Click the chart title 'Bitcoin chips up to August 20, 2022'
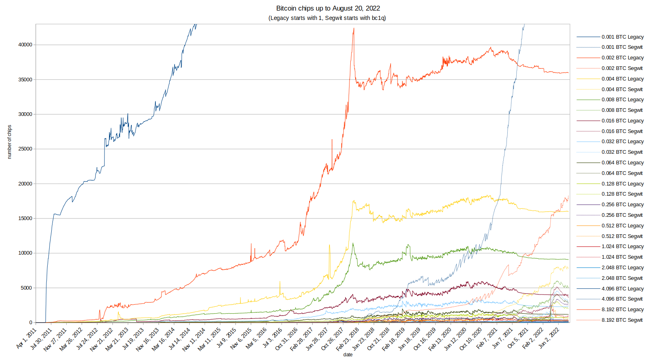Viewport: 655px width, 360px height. pyautogui.click(x=328, y=8)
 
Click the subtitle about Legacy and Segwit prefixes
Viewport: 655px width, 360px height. pyautogui.click(x=327, y=18)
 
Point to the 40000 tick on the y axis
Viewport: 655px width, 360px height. pyautogui.click(x=25, y=45)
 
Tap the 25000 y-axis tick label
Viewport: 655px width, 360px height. pyautogui.click(x=25, y=149)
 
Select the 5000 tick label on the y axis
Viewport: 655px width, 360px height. pyautogui.click(x=26, y=288)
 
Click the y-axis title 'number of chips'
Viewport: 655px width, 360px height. pyautogui.click(x=9, y=142)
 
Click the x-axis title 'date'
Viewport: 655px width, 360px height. pyautogui.click(x=348, y=355)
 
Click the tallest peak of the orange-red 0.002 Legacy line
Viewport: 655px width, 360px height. pyautogui.click(x=354, y=28)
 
